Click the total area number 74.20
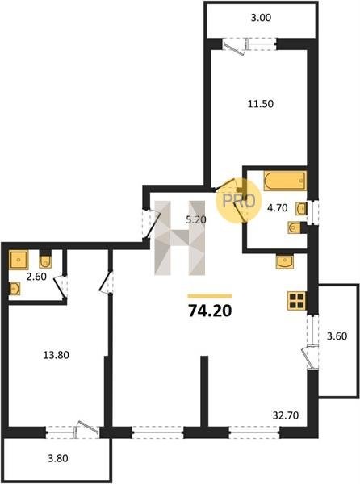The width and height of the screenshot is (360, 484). tap(210, 311)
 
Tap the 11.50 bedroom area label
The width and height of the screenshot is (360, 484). tap(261, 104)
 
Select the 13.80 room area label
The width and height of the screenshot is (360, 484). tap(56, 355)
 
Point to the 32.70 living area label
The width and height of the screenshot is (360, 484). tap(286, 415)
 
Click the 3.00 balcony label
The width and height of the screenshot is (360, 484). tap(261, 18)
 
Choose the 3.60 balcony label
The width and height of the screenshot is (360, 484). tap(337, 336)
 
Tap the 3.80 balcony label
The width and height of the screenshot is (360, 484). tap(58, 458)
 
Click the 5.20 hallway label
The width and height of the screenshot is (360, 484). tap(196, 219)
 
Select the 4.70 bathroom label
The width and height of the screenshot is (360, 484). tap(277, 208)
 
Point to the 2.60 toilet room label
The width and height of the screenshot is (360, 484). tap(36, 277)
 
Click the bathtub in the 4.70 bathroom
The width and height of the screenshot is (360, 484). tap(285, 181)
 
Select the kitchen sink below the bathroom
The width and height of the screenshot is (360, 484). tap(286, 262)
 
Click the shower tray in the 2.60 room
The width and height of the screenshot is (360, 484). tap(19, 259)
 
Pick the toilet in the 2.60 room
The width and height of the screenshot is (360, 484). tap(45, 261)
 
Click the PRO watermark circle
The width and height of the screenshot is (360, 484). tap(239, 201)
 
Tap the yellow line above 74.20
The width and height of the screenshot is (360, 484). tap(210, 296)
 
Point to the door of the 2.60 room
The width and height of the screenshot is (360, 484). tap(61, 286)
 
